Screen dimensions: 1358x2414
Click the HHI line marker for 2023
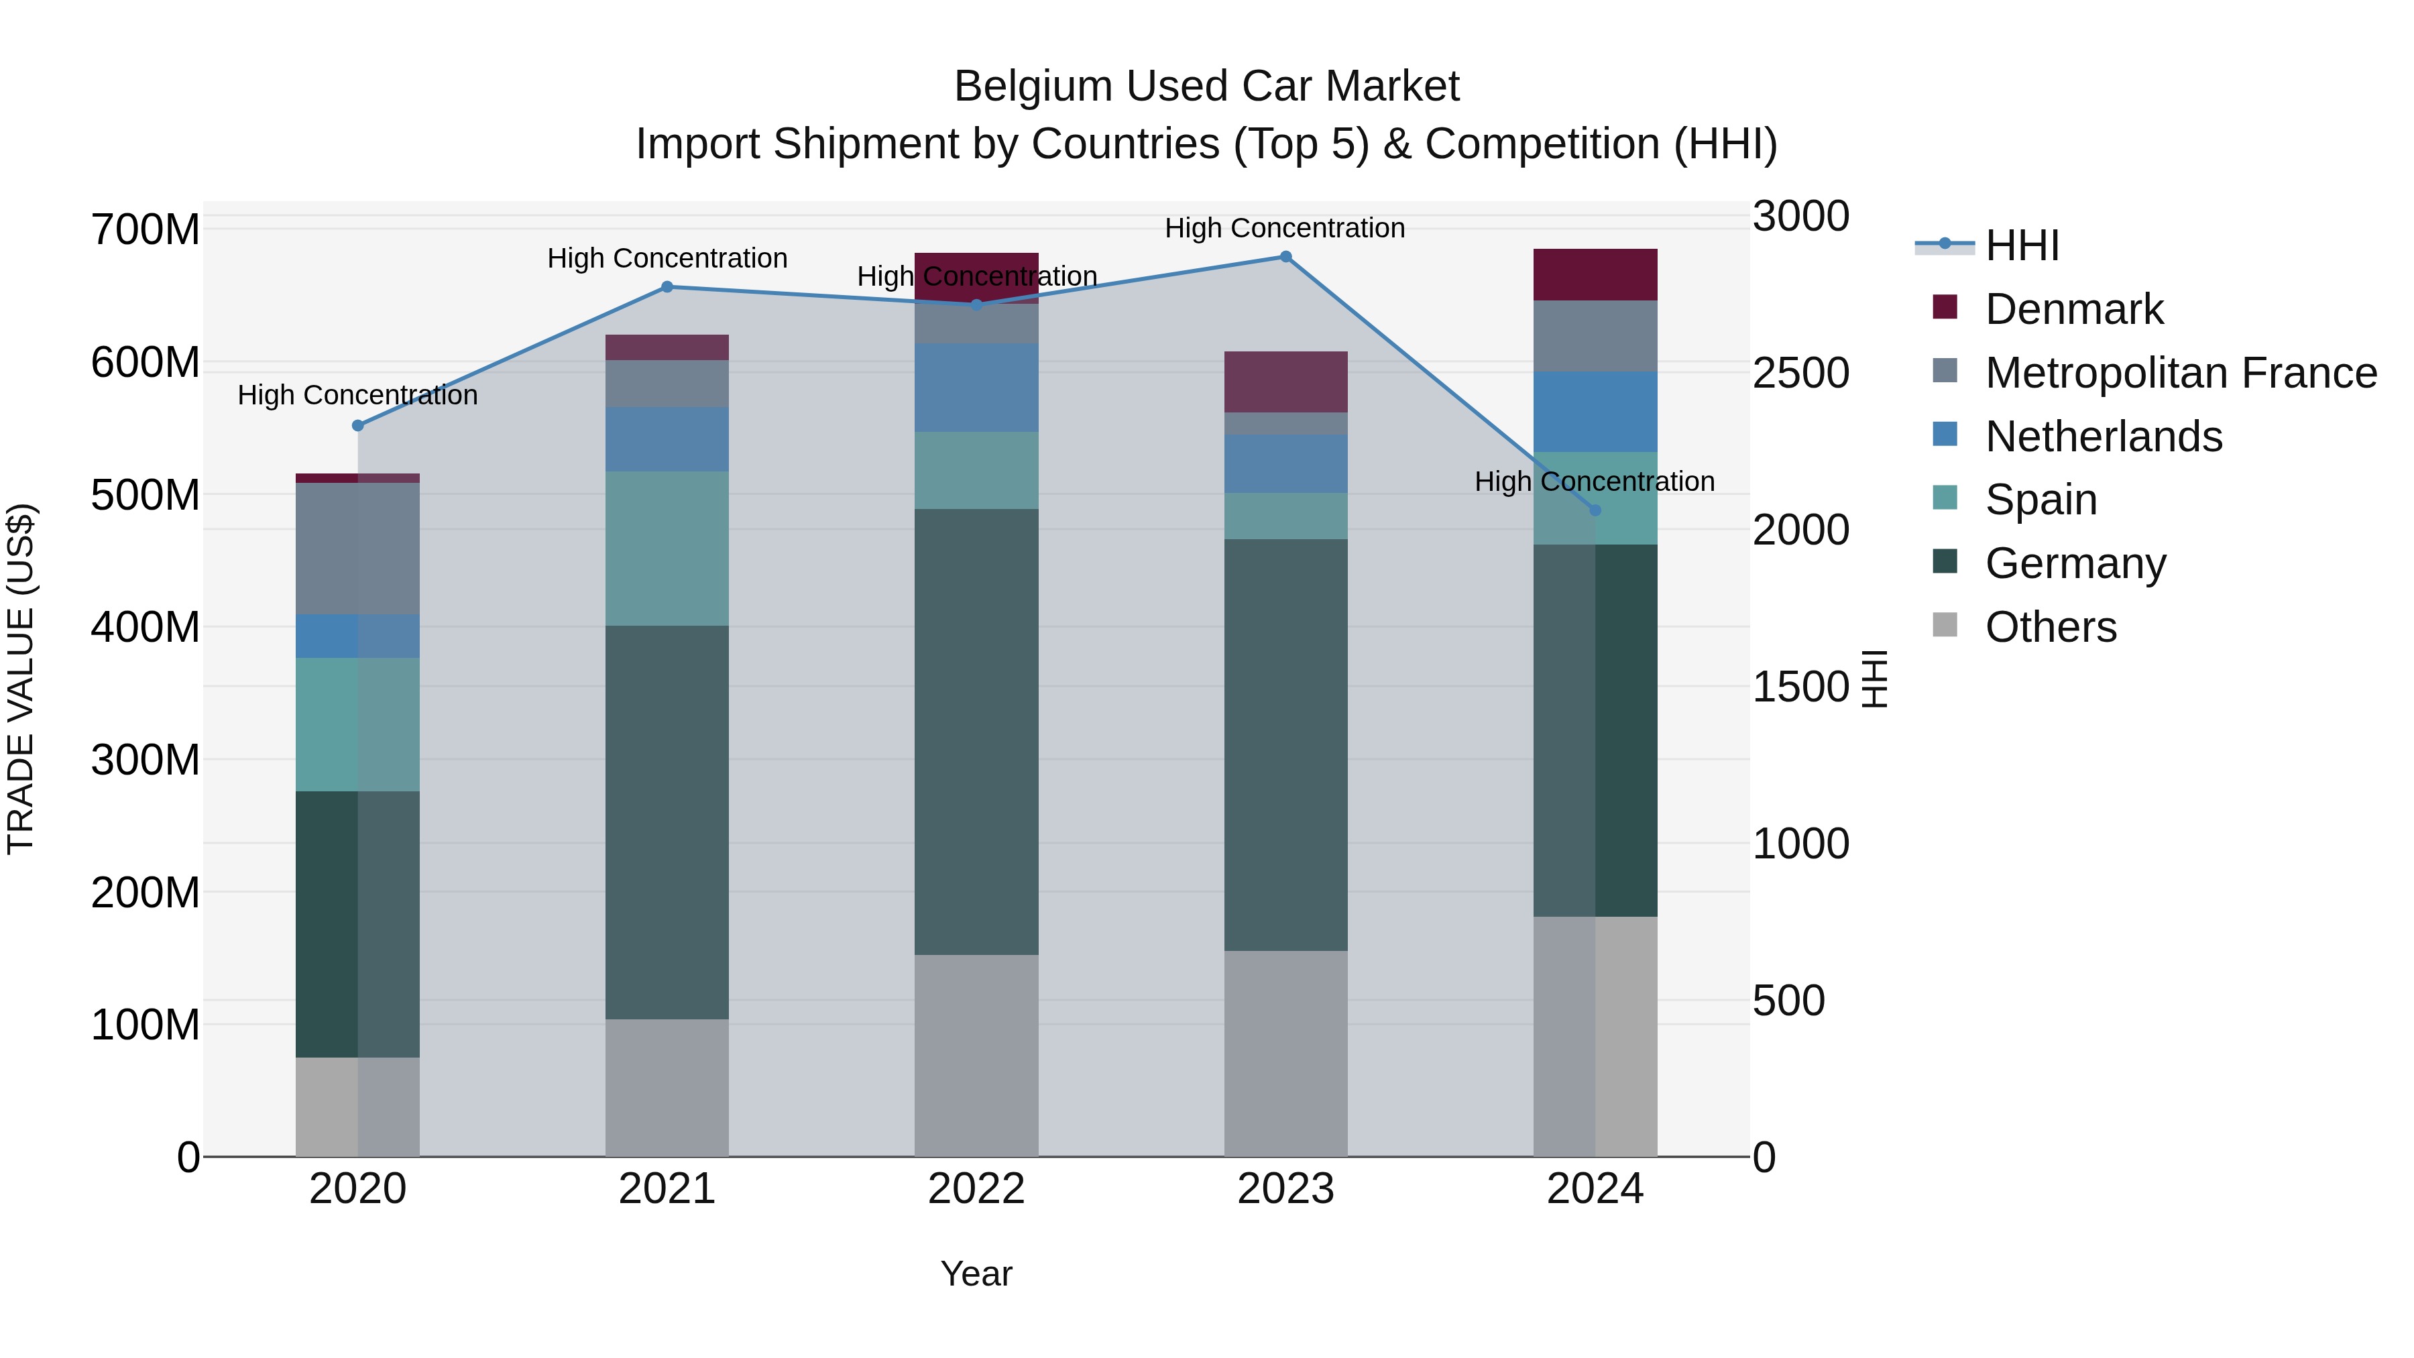click(1285, 257)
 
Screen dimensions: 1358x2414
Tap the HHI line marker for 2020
click(358, 425)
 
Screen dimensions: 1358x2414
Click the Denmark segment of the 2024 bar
click(1595, 274)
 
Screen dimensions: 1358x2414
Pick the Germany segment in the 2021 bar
click(667, 822)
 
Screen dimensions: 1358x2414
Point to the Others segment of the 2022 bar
click(976, 1056)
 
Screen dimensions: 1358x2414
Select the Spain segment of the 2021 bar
click(667, 549)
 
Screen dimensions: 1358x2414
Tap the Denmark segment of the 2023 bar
click(1285, 382)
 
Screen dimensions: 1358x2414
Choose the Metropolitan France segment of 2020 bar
click(358, 549)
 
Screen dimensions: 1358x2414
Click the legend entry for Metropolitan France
click(2181, 373)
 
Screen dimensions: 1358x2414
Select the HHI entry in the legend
click(2021, 245)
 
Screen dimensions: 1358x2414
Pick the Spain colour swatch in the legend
click(1945, 498)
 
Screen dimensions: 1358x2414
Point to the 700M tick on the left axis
click(146, 229)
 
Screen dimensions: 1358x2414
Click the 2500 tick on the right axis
click(1800, 373)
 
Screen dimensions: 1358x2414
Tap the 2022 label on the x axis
click(976, 1189)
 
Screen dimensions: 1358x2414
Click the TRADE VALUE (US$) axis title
click(21, 679)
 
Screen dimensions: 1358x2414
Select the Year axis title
click(976, 1274)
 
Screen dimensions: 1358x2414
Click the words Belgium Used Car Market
click(1206, 87)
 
